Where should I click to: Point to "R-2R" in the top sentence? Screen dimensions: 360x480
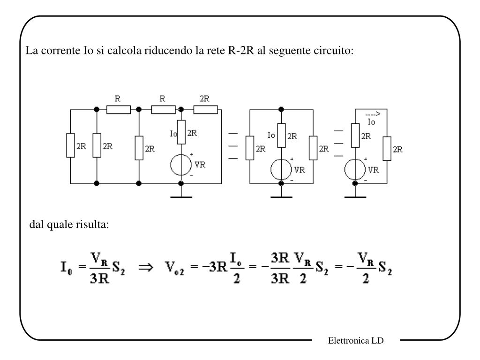click(241, 50)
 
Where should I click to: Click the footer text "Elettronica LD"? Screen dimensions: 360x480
click(356, 341)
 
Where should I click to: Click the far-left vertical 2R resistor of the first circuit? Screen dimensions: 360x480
click(70, 146)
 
